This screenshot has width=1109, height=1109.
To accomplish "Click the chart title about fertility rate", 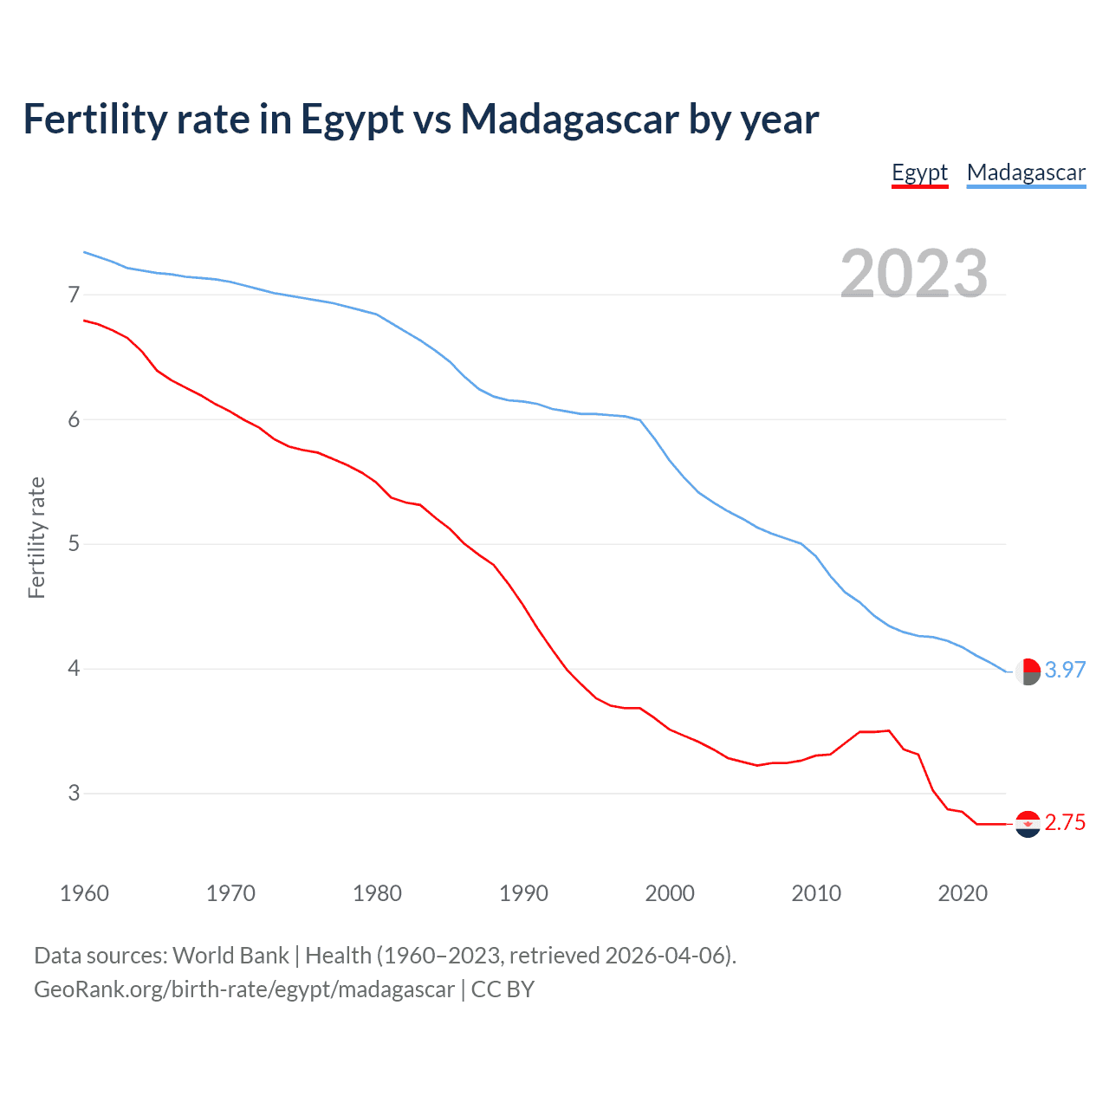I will click(x=420, y=120).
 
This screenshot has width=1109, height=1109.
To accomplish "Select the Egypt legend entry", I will click(x=919, y=172).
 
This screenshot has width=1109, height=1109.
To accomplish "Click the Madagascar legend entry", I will click(x=1026, y=172).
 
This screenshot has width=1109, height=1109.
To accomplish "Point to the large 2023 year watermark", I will click(x=914, y=274).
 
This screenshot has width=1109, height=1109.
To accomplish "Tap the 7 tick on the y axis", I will click(x=74, y=295).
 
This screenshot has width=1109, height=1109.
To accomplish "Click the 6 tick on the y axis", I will click(x=74, y=420).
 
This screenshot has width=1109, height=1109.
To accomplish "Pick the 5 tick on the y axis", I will click(x=74, y=544).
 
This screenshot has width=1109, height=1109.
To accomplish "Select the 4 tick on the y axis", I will click(x=74, y=669).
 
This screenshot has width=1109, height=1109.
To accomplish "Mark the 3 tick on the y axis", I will click(x=74, y=794).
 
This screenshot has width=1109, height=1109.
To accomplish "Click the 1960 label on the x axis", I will click(x=84, y=893).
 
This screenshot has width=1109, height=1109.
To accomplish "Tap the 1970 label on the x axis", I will click(x=230, y=893).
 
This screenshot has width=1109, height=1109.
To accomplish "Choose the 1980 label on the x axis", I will click(x=377, y=893).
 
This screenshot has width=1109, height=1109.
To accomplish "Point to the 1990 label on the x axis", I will click(x=523, y=893).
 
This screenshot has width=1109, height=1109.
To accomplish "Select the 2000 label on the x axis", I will click(x=670, y=893).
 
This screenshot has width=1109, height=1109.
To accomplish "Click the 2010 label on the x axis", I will click(x=816, y=893).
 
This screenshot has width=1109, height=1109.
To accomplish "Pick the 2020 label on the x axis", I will click(x=963, y=893).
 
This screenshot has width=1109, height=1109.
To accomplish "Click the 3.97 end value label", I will click(x=1065, y=671).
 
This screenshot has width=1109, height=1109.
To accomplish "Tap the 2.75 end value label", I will click(x=1065, y=823).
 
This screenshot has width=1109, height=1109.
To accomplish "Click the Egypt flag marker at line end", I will click(x=1028, y=824).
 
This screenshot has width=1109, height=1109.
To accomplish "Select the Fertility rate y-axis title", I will click(x=36, y=537).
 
